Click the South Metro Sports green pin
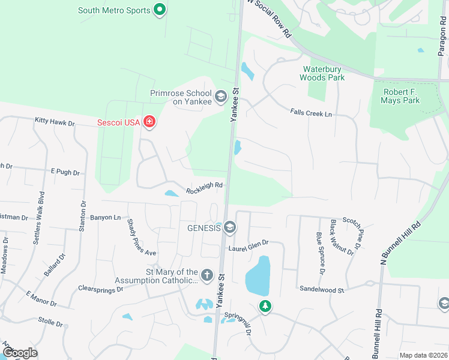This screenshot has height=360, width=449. tap(159, 10)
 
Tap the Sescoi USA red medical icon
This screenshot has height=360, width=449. tap(149, 123)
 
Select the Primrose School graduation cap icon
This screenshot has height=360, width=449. tap(221, 96)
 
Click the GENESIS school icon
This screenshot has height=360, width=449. tap(230, 228)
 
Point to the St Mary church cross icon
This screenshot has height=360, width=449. tap(206, 275)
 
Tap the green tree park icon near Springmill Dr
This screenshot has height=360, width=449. tap(264, 306)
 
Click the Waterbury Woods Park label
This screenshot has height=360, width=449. tap(324, 73)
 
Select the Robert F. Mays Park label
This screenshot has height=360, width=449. tap(400, 96)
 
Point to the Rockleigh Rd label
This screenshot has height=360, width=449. tap(204, 188)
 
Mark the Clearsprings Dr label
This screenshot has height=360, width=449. tap(100, 289)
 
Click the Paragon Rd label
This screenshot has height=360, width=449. tap(442, 36)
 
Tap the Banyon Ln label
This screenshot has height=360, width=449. tap(105, 217)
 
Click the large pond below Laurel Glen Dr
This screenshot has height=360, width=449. tap(258, 275)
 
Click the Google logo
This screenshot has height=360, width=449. tap(19, 353)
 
